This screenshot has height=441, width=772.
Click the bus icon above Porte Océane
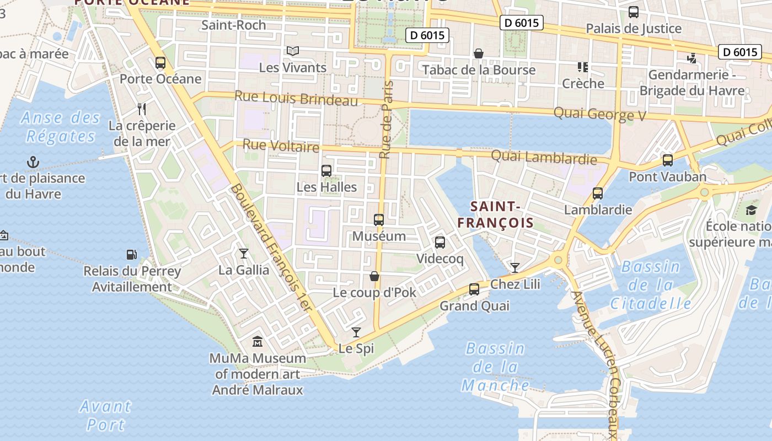point(160,63)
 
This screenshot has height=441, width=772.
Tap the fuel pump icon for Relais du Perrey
point(132,255)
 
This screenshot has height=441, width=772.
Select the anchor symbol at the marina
point(34,162)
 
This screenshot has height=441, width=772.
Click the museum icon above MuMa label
point(258,342)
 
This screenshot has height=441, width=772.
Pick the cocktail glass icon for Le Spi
point(356,332)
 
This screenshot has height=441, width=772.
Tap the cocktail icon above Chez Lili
point(515,268)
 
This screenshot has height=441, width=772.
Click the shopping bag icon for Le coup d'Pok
point(374,276)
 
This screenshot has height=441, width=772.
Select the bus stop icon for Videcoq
point(440,243)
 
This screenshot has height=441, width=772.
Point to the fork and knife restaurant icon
point(142,109)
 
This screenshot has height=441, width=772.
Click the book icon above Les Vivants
point(293,51)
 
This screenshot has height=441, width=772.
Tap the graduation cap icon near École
point(751,210)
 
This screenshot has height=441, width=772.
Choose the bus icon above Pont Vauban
point(668,160)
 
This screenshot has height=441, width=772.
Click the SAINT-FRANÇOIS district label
point(495,214)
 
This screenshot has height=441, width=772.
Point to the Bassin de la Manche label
point(495,367)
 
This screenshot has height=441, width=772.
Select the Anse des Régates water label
point(61,126)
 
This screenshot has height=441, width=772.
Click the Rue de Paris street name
point(388,120)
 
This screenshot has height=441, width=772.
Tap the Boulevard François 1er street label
point(271,247)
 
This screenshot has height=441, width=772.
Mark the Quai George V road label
point(601,114)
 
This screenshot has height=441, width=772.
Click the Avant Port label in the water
point(105,415)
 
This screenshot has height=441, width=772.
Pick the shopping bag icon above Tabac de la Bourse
point(479,53)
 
